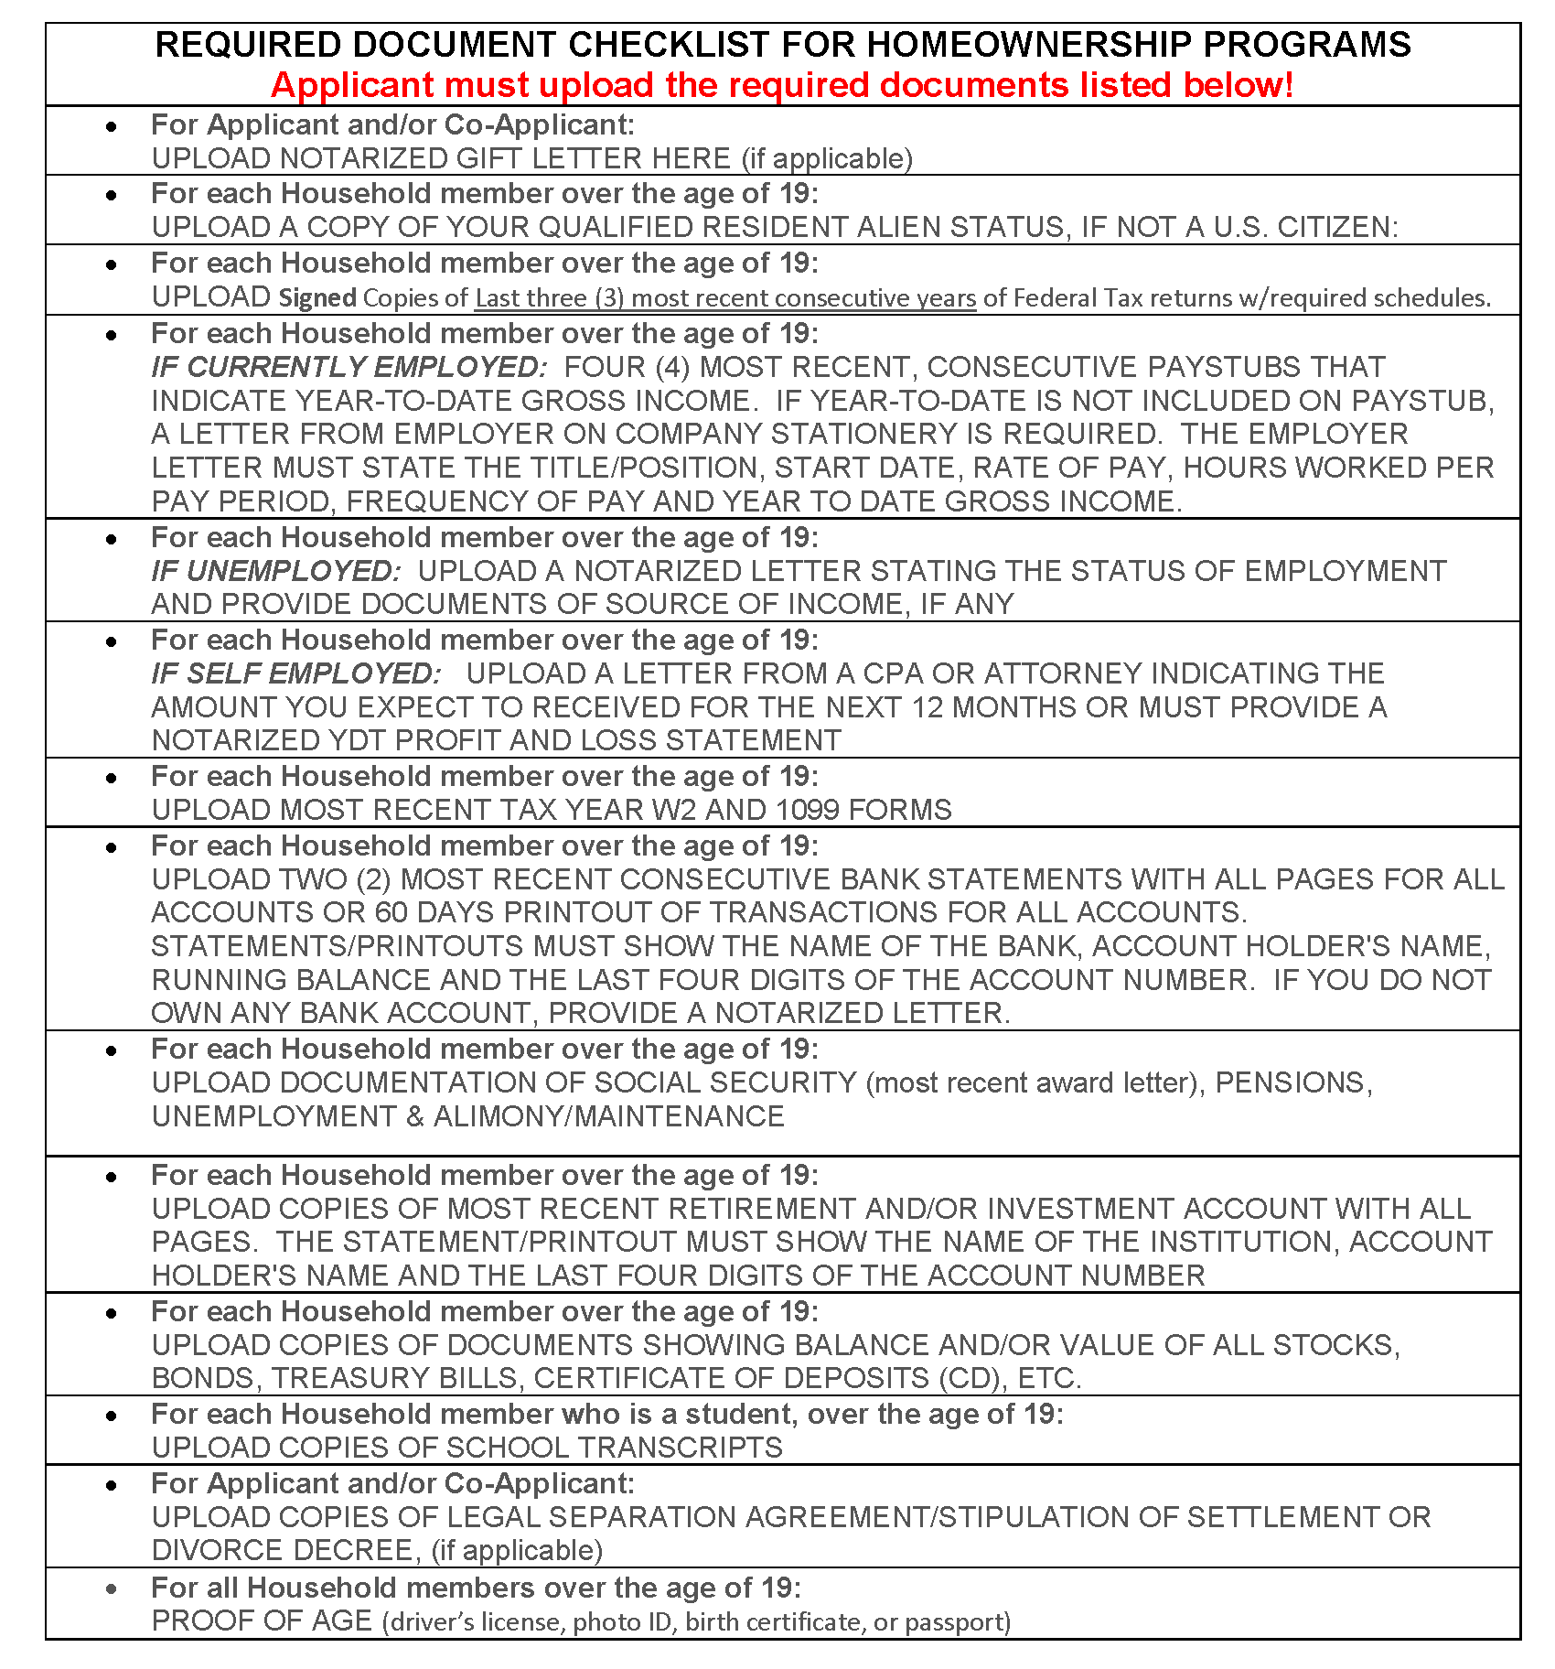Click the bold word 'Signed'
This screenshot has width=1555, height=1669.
(x=317, y=297)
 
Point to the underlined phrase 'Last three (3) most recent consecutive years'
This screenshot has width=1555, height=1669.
(x=725, y=297)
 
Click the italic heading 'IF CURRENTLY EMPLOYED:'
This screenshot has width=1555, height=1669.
(x=349, y=367)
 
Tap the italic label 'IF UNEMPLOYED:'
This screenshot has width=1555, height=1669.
(x=275, y=571)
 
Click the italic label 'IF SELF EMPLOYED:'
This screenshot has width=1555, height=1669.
(x=295, y=673)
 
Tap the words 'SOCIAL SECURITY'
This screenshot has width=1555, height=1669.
(x=725, y=1082)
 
